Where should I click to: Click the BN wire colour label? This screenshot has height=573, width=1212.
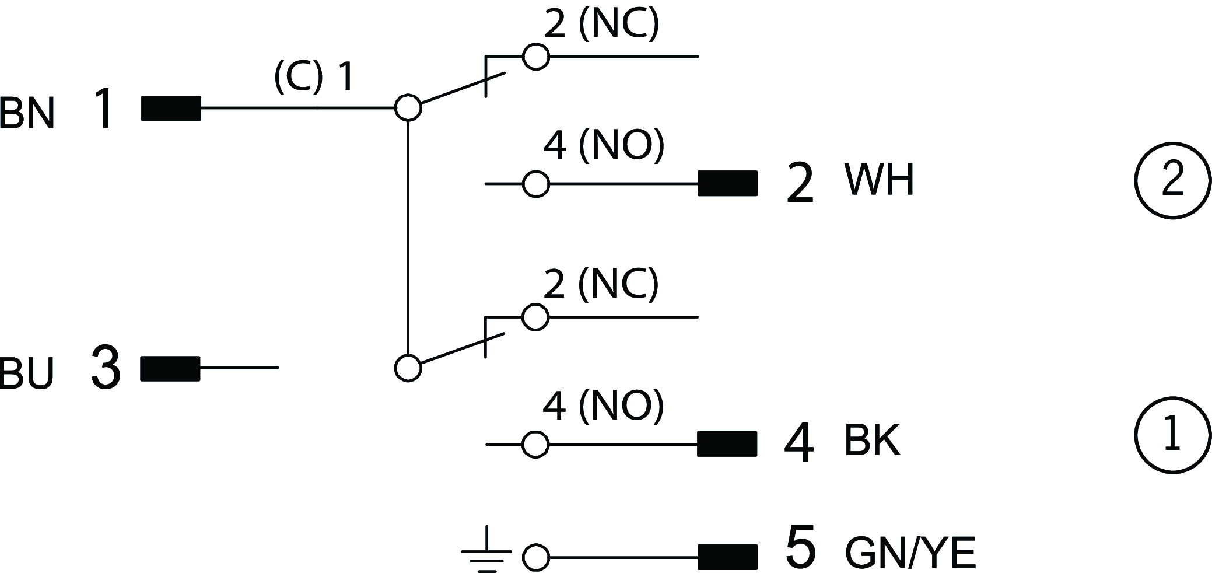point(27,114)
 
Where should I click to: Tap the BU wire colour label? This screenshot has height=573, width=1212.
point(27,373)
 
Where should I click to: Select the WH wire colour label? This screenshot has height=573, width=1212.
point(879,180)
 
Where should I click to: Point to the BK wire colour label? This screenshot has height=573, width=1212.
point(872,440)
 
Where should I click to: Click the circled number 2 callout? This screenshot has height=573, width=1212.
point(1173,180)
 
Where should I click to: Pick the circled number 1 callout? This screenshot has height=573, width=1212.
point(1173,436)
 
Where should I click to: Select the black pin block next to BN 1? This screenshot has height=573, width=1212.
point(171,109)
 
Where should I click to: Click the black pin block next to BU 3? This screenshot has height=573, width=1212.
point(170,368)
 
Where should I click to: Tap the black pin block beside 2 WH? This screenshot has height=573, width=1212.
point(727,184)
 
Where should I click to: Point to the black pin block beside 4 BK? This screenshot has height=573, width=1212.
point(727,444)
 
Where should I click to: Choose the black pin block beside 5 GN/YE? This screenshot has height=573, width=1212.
point(727,557)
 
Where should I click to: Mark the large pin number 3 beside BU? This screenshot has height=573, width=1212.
point(106,368)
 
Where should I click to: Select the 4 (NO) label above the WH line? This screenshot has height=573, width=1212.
point(603,145)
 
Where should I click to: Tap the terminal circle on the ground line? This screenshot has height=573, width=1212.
point(535,558)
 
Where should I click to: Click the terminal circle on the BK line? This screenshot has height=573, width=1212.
point(535,445)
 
